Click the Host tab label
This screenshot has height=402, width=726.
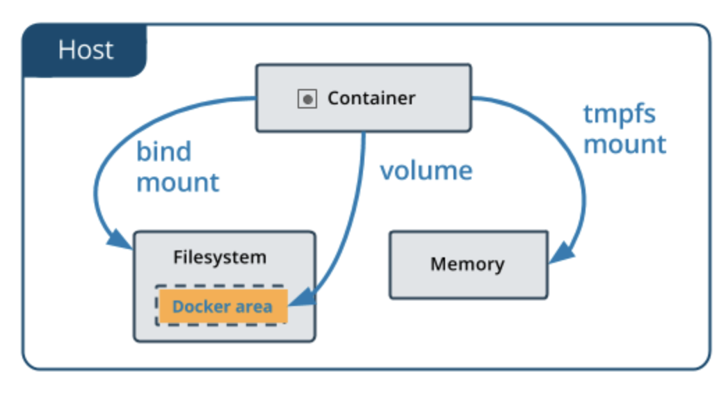click(86, 49)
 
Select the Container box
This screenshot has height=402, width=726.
click(364, 98)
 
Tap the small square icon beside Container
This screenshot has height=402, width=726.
click(307, 99)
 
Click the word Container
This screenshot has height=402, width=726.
click(371, 98)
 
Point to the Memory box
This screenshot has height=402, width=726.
click(469, 265)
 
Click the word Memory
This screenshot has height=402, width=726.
click(467, 264)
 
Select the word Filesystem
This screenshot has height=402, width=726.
click(220, 257)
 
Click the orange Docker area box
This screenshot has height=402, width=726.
click(223, 306)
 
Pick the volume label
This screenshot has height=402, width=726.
click(426, 170)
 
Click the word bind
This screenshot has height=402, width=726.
click(164, 151)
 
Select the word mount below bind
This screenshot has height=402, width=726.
click(178, 182)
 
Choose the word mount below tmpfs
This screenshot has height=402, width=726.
click(624, 145)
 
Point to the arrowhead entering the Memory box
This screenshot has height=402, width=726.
click(561, 253)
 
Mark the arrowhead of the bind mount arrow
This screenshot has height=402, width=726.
click(120, 239)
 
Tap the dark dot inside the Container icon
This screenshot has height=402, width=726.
click(307, 99)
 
